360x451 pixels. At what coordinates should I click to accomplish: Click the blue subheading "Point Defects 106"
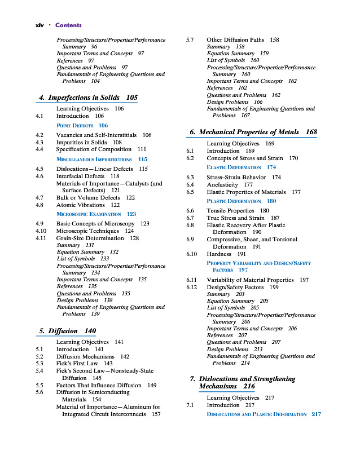82,125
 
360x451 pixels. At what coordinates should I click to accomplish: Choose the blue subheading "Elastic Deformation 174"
242,167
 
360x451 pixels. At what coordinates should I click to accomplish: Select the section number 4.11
39,238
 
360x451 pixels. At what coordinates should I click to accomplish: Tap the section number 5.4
39,371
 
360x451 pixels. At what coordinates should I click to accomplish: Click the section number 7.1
190,405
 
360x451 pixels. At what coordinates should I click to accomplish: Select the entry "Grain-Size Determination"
90,238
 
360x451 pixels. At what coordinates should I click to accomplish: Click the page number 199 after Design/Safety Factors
274,288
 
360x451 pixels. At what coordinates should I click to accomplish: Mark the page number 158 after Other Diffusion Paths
274,40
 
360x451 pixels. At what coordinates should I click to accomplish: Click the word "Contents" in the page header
68,25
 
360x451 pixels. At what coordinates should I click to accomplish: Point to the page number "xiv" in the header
40,25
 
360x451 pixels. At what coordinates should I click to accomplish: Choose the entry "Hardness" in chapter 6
219,254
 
